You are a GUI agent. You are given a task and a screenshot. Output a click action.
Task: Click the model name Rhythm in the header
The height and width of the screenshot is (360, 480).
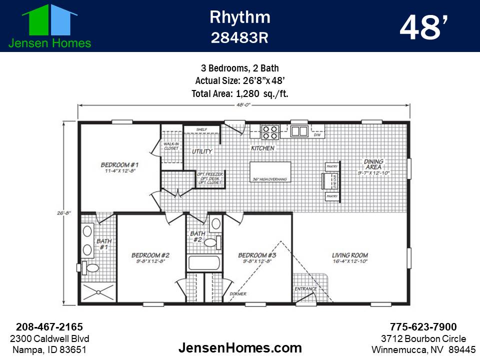tap(240, 17)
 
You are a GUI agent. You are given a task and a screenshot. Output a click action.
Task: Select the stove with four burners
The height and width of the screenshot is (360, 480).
tap(270, 132)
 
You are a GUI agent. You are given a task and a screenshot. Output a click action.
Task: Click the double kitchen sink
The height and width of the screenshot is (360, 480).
tap(299, 131)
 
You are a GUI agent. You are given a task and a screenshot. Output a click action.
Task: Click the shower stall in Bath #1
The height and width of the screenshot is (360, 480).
tap(98, 293)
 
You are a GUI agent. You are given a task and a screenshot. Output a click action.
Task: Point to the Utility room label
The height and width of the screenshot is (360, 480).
tap(202, 151)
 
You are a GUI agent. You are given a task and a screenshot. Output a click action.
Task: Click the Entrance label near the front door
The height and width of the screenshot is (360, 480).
tap(305, 289)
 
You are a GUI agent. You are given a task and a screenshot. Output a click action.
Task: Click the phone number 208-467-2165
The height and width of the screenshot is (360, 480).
tap(49, 327)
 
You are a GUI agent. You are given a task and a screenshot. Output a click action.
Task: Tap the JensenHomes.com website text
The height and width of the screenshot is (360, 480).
tap(240, 347)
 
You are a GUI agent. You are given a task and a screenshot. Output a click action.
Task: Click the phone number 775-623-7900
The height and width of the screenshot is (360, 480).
tap(423, 327)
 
